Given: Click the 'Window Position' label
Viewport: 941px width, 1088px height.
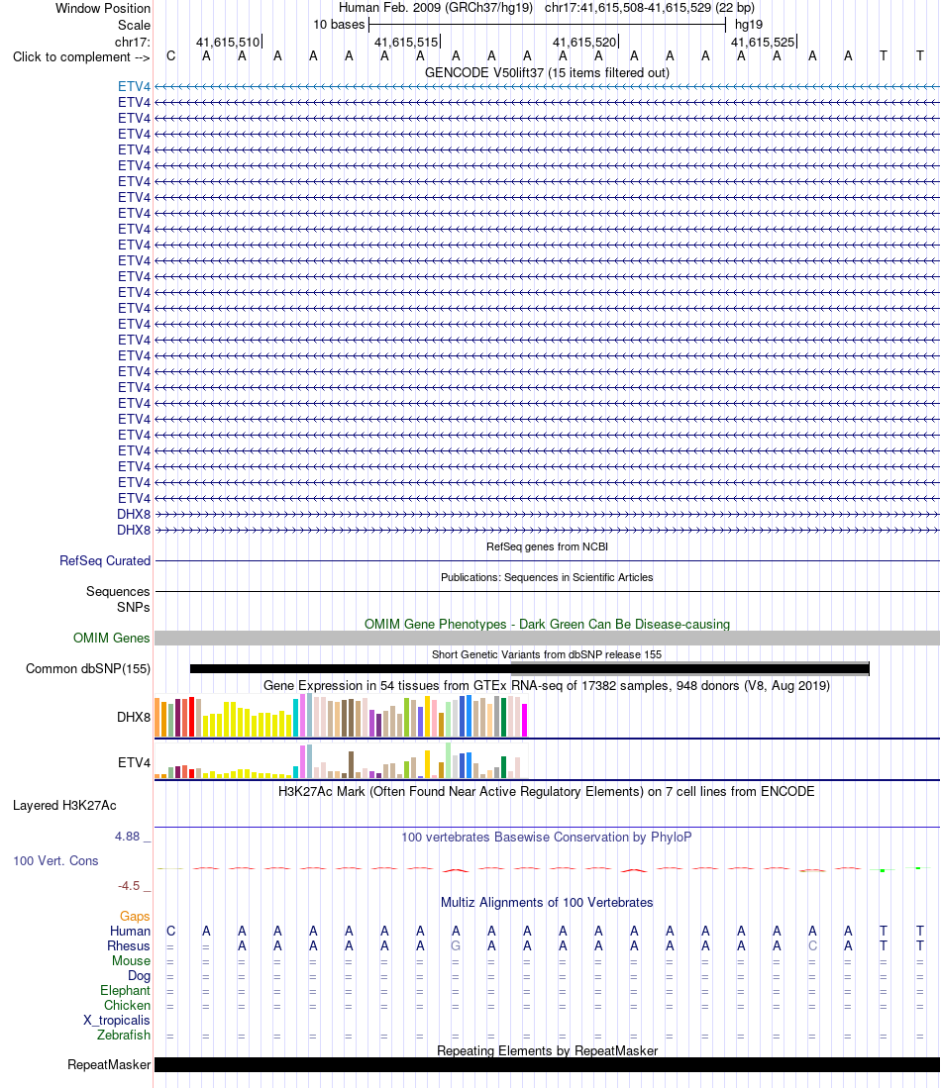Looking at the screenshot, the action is coord(103,8).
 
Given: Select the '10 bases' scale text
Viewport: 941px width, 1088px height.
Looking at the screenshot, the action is coord(339,25).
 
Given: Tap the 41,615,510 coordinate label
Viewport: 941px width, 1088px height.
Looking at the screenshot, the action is coord(228,43).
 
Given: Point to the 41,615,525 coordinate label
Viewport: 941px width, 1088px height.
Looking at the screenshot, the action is coord(763,43).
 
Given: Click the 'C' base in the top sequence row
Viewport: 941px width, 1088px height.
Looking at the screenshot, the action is coord(170,56).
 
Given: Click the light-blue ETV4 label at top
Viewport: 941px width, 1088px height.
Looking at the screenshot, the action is coord(134,87).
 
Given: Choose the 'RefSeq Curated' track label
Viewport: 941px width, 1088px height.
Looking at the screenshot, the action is coord(105,560).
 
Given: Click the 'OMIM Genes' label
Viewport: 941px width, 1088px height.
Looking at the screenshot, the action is coord(112,638).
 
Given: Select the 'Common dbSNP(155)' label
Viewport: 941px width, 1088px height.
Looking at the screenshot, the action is coord(88,669).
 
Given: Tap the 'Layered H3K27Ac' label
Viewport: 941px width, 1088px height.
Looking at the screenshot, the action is coord(64,806).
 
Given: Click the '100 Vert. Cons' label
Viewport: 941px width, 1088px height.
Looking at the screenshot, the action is coord(55,861).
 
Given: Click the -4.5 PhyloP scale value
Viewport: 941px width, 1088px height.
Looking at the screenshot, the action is coord(129,886).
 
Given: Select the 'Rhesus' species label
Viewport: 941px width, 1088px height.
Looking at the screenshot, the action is coord(129,946).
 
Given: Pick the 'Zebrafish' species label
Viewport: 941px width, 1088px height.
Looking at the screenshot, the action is coord(124,1036).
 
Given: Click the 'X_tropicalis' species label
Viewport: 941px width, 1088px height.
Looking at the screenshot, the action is coord(117,1021).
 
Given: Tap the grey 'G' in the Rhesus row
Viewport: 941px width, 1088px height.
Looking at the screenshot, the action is coord(456,946).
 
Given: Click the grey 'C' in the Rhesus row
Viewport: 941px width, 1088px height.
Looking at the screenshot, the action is coord(812,946).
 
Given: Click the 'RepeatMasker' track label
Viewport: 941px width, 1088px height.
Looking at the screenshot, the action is coord(109,1065).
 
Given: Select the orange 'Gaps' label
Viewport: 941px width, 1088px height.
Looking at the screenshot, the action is coord(135,917).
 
